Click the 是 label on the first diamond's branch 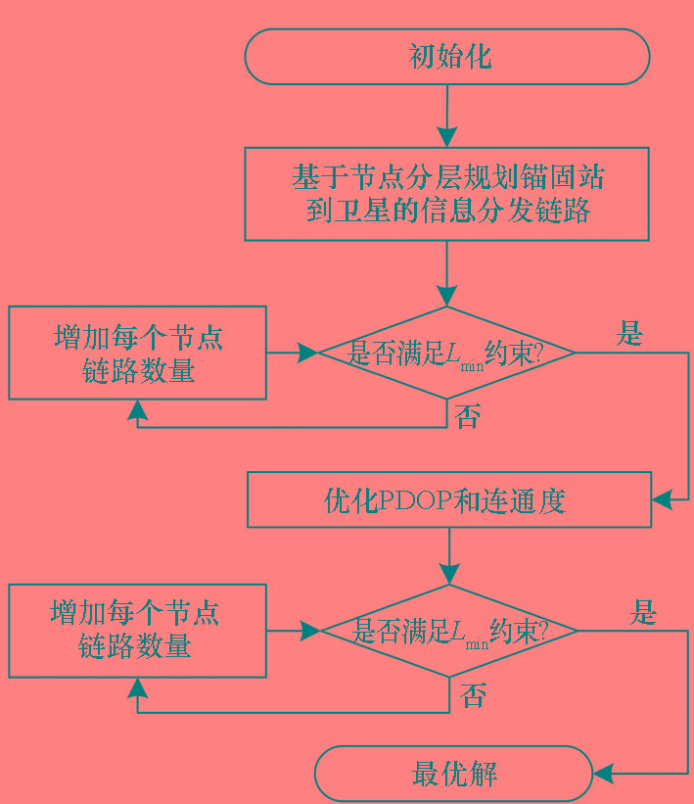629,333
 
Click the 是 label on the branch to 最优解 643,612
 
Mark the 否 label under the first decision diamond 468,416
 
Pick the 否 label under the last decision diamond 473,695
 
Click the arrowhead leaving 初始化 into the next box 447,137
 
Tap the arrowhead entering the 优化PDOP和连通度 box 662,499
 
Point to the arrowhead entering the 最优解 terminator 603,774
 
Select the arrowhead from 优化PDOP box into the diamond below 449,574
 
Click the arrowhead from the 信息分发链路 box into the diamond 447,297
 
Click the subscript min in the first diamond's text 472,366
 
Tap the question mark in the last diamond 543,631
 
